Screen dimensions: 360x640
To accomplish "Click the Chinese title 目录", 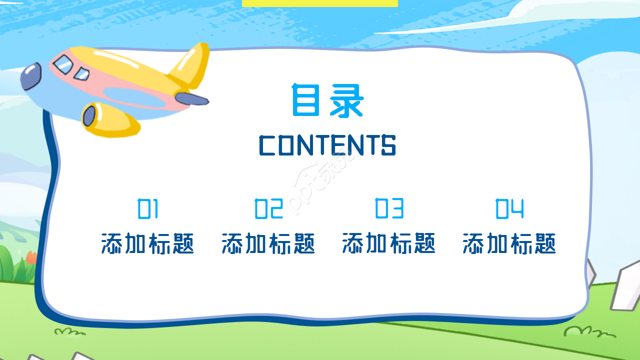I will pos(327,101).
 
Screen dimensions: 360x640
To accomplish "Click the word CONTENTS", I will pos(327,145).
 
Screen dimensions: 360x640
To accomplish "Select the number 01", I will pos(148,209).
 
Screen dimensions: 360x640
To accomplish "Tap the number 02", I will pos(269,209).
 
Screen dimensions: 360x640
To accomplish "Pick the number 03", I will pos(389,209).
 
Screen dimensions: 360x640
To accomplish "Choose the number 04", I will pos(509,209).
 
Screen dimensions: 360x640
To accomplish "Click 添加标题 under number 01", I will pos(147,244).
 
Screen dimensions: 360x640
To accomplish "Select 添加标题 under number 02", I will pos(268,244).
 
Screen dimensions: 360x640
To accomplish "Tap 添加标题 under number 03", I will pos(389,244).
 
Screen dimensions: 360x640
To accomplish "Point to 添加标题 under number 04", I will pos(509,244).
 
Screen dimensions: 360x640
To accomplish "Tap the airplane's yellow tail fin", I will pos(190,65).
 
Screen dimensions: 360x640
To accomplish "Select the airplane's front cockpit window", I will pos(63,64).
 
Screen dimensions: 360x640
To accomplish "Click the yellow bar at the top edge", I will pos(319,3).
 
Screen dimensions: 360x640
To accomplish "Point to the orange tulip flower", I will pos(31,257).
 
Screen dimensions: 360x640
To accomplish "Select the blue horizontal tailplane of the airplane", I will pos(192,98).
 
